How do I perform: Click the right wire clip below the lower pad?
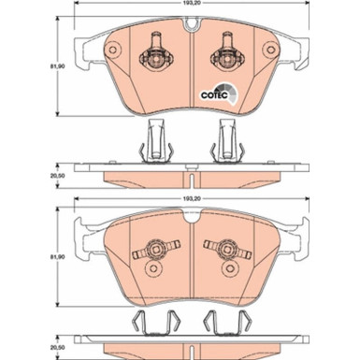pos(227,324)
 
